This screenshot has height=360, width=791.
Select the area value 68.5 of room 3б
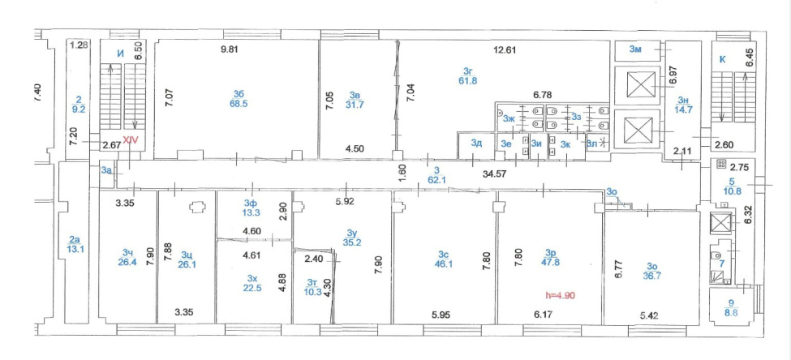(x=239, y=104)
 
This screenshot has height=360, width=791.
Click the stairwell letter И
(x=120, y=54)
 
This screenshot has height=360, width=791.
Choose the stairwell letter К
(x=722, y=59)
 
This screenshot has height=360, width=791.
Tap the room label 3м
(x=635, y=49)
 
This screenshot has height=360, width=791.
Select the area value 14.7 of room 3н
(x=684, y=109)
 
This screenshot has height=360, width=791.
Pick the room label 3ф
(x=250, y=204)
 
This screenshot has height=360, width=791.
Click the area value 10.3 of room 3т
(x=314, y=291)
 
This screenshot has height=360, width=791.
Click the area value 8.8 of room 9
(x=732, y=312)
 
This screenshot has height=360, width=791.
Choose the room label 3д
(x=476, y=143)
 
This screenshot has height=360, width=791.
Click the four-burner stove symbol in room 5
(x=720, y=164)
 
